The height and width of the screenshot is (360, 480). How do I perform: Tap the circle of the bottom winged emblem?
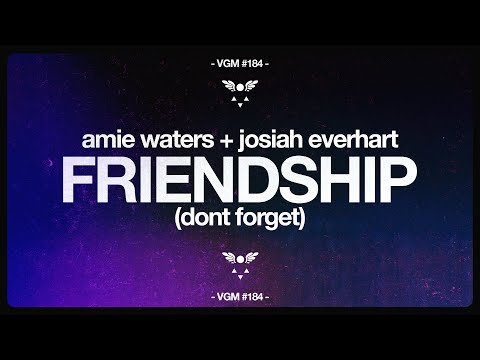(240, 259)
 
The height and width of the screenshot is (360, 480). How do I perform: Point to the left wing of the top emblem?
(229, 85)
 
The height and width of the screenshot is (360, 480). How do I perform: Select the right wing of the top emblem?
(251, 85)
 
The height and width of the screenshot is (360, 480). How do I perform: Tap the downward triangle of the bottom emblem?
(240, 271)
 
